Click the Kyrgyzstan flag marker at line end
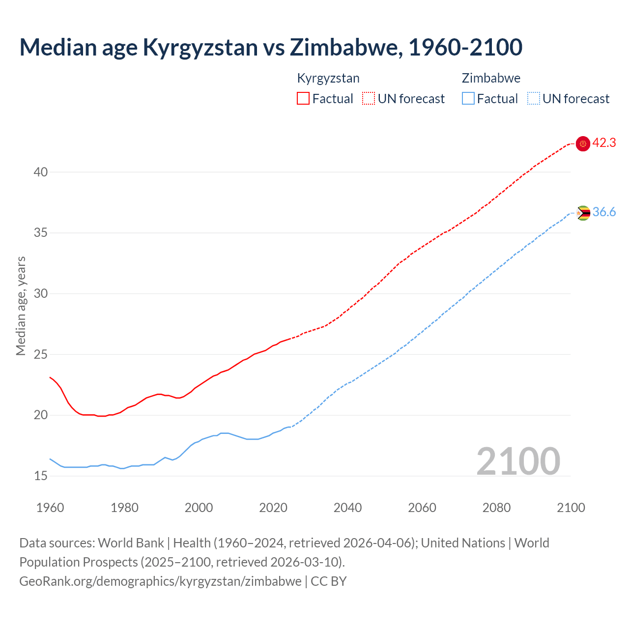[x=583, y=143]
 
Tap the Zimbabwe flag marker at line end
[x=583, y=213]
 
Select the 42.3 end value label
[x=604, y=143]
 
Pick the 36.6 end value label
[x=604, y=212]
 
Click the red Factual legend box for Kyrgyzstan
[x=303, y=99]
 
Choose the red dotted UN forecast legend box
[x=369, y=99]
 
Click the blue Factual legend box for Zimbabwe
[x=468, y=99]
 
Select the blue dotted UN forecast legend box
[x=534, y=99]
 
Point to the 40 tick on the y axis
[x=41, y=172]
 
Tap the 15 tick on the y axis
[x=41, y=476]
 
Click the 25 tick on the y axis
[x=41, y=354]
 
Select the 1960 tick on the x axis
[x=50, y=508]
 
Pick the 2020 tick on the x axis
[x=273, y=508]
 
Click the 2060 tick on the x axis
[x=422, y=508]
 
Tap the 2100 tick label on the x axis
[x=571, y=508]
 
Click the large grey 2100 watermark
[x=518, y=461]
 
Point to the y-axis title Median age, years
[x=21, y=306]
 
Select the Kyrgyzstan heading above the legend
[x=328, y=78]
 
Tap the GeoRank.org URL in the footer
[x=160, y=581]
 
